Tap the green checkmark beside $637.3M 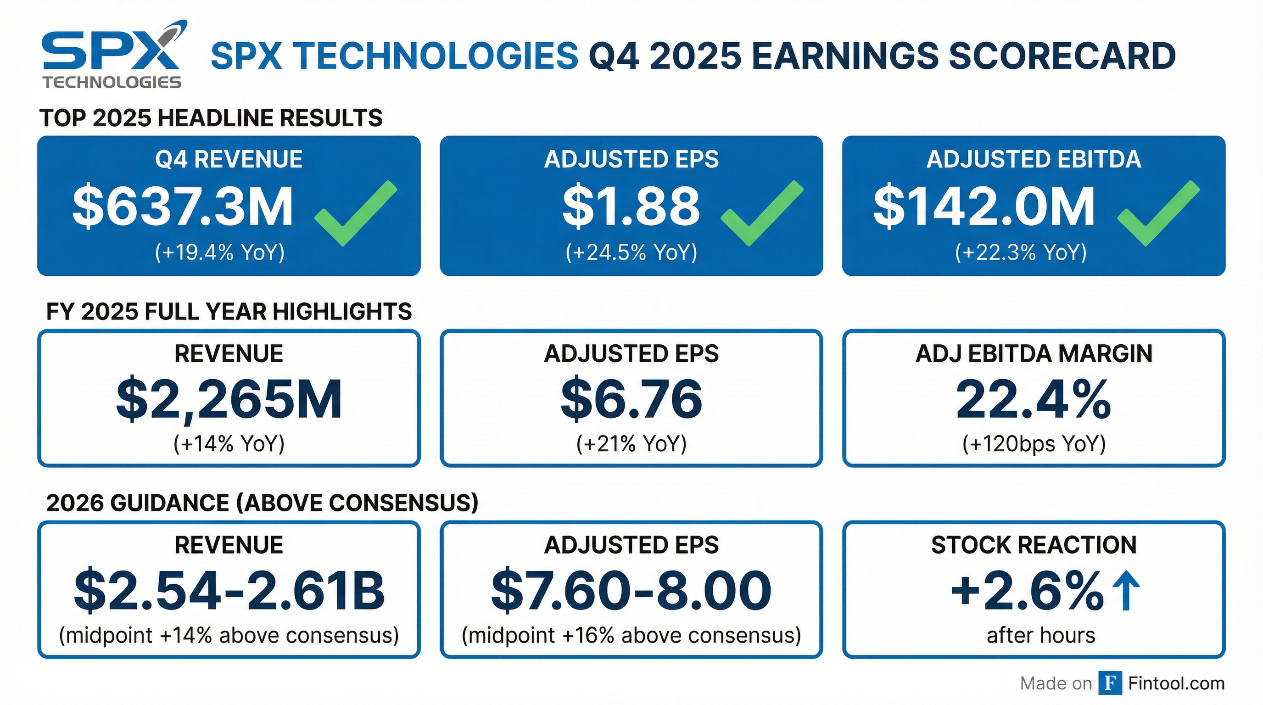coord(354,214)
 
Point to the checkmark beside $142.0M coord(1157,214)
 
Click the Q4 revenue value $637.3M coord(182,207)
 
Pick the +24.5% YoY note coord(631,252)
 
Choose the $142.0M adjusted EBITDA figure coord(984,207)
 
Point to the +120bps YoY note coord(1034,444)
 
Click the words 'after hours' coord(1040,635)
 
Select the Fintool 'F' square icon coord(1110,683)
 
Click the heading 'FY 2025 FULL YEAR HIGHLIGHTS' coord(229,312)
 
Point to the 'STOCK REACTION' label coord(1034,545)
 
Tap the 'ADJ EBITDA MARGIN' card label coord(1034,353)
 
